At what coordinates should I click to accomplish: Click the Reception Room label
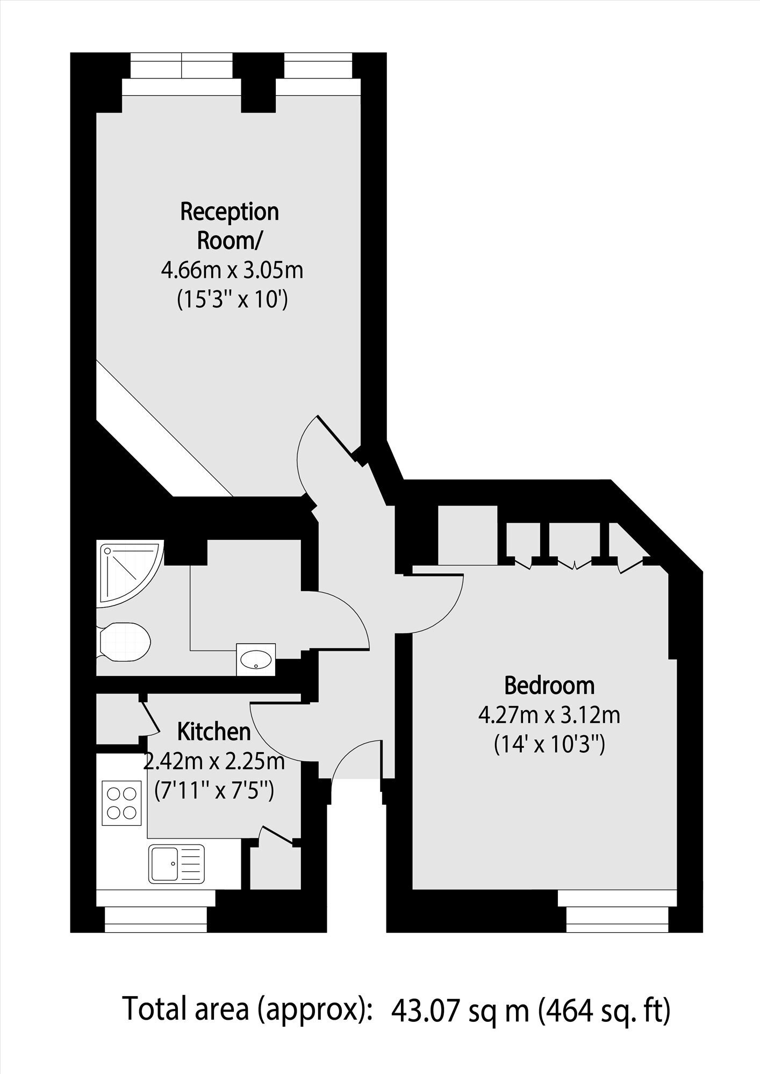point(230,226)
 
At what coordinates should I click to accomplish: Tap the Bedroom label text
point(549,686)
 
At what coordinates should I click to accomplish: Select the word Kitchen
point(214,731)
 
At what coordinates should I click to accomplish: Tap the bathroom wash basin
point(256,659)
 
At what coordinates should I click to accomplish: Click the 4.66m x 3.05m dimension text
point(232,270)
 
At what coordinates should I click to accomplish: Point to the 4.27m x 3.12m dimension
point(549,716)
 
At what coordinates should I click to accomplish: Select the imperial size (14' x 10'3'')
point(549,745)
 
